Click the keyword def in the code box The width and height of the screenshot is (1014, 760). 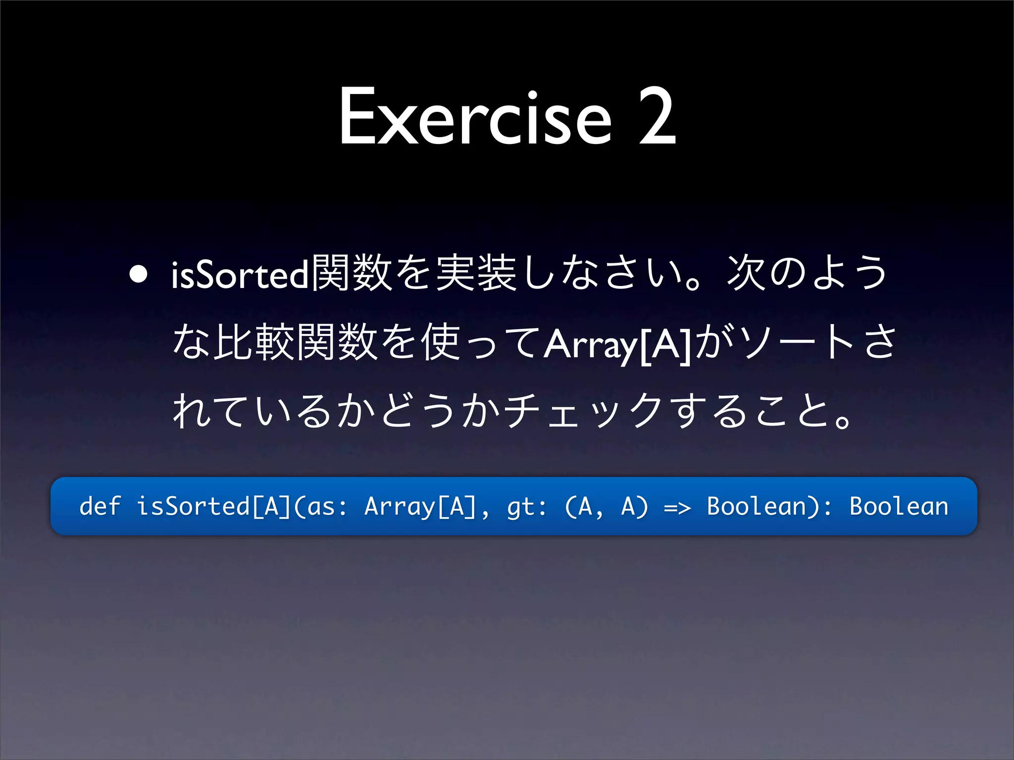point(100,506)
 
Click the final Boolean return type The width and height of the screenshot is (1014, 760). point(899,506)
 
